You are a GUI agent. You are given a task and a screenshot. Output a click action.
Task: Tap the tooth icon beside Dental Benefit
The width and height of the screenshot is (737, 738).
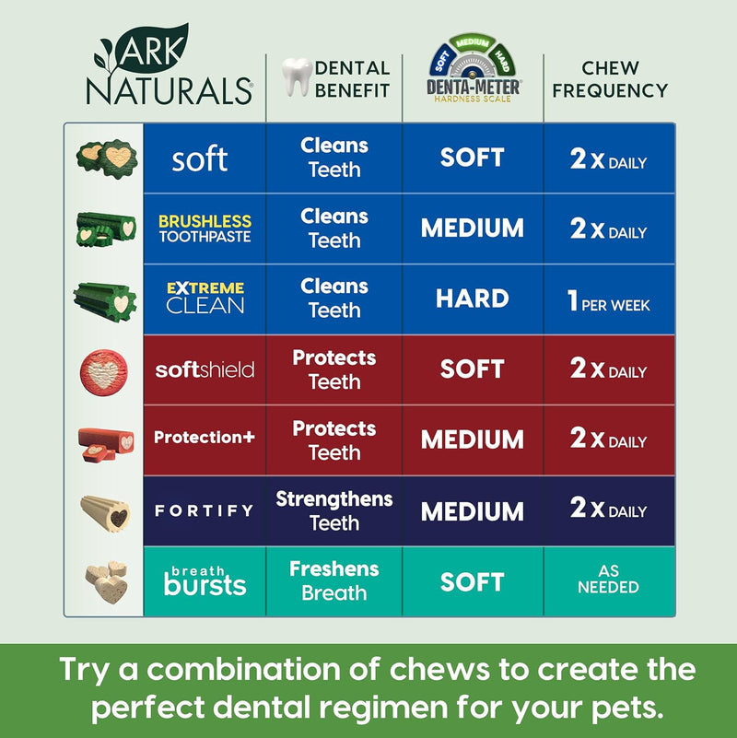point(294,77)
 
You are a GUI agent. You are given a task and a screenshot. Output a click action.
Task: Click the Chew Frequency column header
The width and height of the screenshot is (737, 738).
point(610,79)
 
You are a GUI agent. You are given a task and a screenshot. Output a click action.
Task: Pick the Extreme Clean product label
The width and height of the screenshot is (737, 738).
point(205,299)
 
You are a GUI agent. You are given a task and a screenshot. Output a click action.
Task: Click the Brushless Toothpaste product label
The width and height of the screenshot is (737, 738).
point(205,228)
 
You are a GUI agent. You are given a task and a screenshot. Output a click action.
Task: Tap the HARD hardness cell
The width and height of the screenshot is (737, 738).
point(473,299)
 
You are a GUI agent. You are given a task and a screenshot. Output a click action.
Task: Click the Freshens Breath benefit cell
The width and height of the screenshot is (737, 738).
point(334,580)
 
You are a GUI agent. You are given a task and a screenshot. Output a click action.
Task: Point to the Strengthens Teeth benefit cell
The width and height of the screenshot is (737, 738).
point(334,510)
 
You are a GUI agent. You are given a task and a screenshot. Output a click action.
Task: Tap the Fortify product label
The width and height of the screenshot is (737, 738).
point(205,510)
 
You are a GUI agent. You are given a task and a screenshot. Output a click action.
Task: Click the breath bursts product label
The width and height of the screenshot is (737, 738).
point(205,580)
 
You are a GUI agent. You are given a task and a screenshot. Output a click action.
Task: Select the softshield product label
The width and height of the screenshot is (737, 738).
point(205,369)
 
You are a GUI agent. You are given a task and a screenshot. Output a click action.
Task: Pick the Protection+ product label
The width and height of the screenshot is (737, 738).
point(205,438)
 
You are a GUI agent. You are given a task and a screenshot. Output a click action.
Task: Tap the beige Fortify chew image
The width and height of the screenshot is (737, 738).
point(106,511)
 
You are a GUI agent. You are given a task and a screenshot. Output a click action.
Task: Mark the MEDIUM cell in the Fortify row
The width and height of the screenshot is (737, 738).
point(473,510)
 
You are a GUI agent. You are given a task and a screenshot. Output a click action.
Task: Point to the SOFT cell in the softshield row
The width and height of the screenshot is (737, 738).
point(473,369)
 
